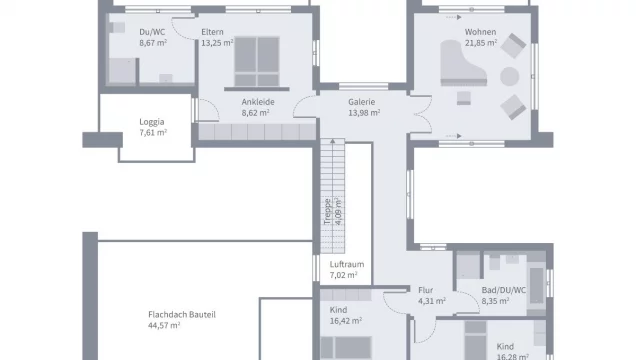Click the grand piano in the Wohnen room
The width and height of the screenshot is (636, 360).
pyautogui.click(x=462, y=63)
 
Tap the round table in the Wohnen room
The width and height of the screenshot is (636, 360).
pyautogui.click(x=509, y=77)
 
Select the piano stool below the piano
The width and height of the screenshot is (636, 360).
pyautogui.click(x=464, y=98)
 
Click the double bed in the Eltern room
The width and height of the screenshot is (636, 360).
pyautogui.click(x=257, y=61)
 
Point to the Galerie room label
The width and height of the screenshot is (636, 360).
pyautogui.click(x=361, y=102)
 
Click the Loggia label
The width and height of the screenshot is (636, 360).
pyautogui.click(x=152, y=122)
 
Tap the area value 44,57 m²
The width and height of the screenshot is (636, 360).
pyautogui.click(x=164, y=325)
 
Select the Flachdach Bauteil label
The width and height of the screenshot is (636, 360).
pyautogui.click(x=182, y=315)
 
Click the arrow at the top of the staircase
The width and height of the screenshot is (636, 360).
pyautogui.click(x=333, y=141)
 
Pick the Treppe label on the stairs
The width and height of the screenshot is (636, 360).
pyautogui.click(x=327, y=211)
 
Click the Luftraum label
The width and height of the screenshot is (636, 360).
pyautogui.click(x=347, y=264)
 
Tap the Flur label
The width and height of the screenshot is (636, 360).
pyautogui.click(x=425, y=290)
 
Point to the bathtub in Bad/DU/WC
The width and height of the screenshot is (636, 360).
pyautogui.click(x=537, y=285)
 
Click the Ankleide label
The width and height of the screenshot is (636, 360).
pyautogui.click(x=258, y=102)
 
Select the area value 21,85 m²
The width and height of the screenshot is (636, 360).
pyautogui.click(x=481, y=43)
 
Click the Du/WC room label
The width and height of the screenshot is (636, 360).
pyautogui.click(x=152, y=32)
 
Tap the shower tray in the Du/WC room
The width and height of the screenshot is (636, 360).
pyautogui.click(x=122, y=71)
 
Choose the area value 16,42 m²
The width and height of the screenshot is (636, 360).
pyautogui.click(x=346, y=321)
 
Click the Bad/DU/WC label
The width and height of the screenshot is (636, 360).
pyautogui.click(x=504, y=290)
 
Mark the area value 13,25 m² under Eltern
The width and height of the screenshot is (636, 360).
pyautogui.click(x=217, y=43)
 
